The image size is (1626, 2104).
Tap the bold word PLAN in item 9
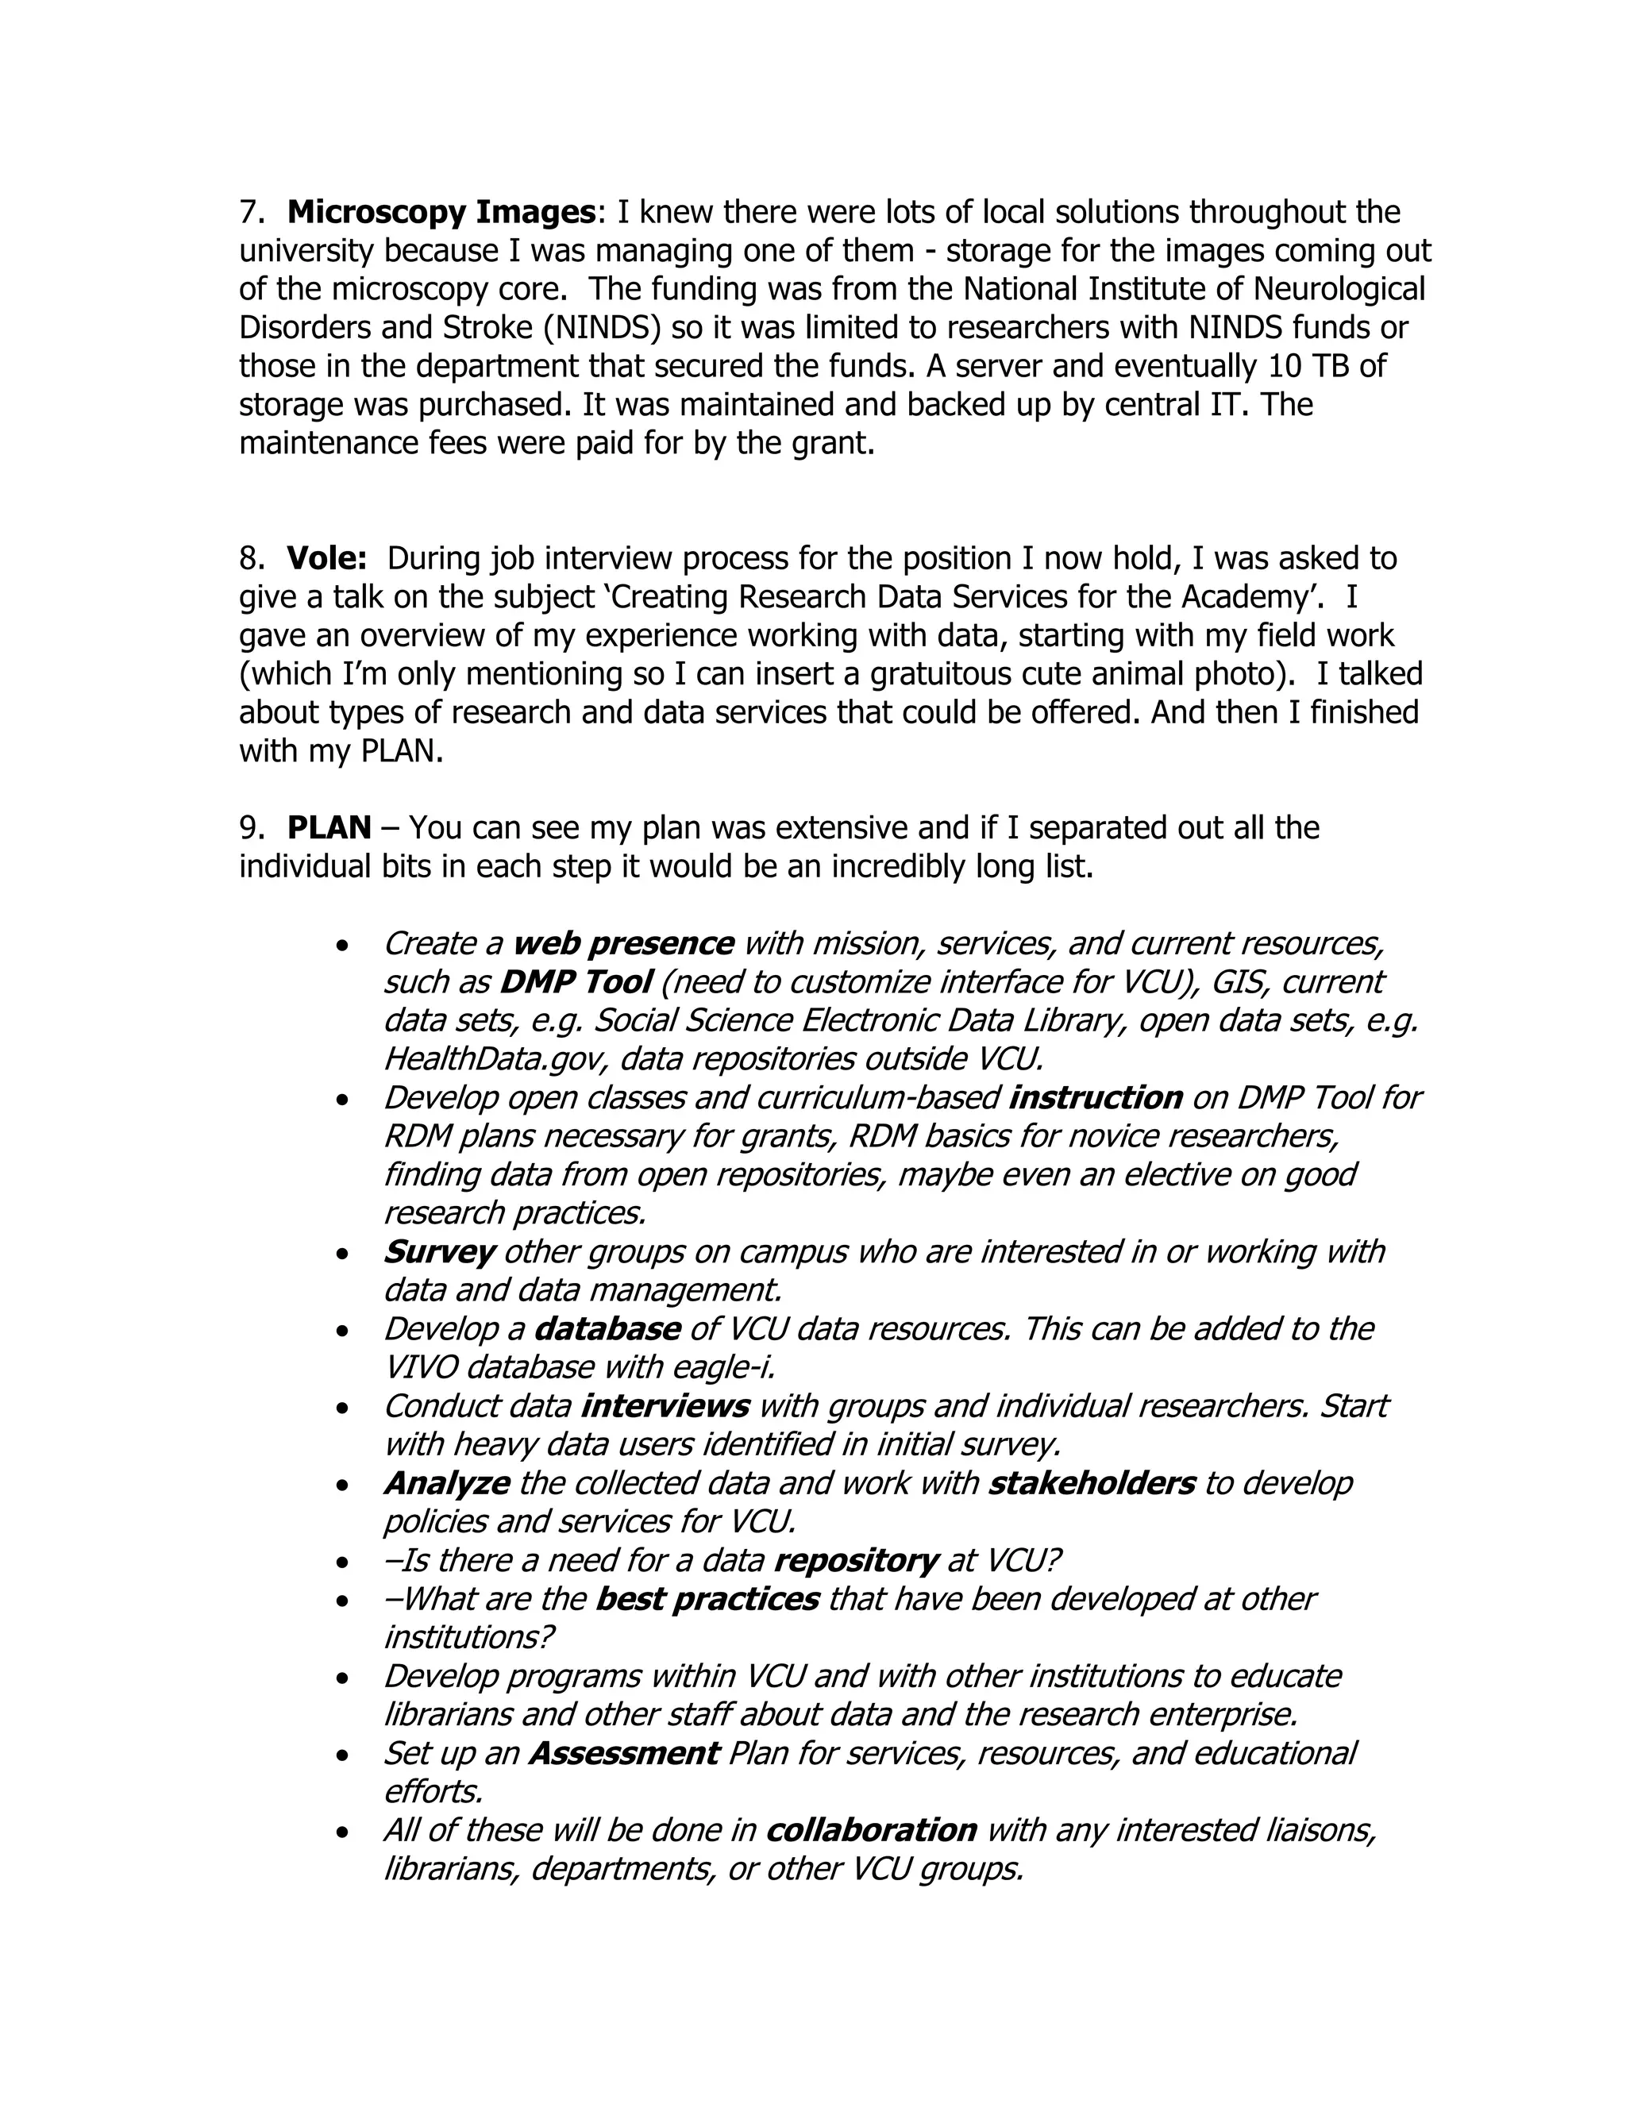pos(329,828)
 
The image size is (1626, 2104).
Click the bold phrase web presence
pos(623,944)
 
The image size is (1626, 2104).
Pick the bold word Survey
pos(439,1252)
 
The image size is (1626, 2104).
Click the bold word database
pos(607,1329)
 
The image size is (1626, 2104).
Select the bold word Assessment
pos(624,1753)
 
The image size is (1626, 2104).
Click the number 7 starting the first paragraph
pos(249,212)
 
